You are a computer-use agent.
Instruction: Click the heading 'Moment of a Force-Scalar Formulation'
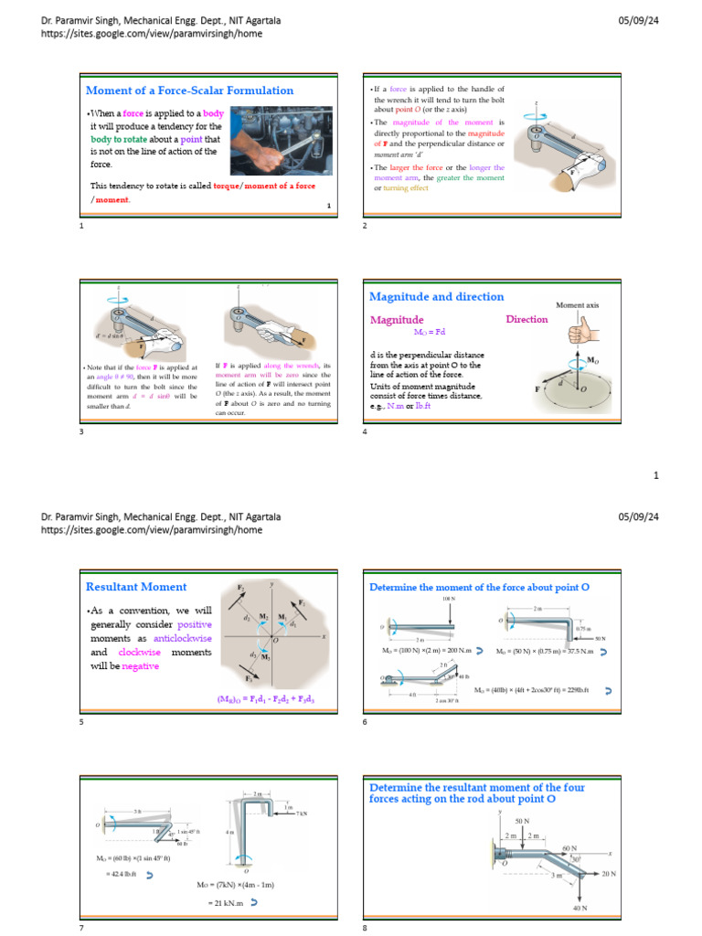click(189, 90)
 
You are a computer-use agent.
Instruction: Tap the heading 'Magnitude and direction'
click(436, 297)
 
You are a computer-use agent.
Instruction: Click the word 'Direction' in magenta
click(526, 320)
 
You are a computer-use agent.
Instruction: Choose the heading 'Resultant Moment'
click(136, 587)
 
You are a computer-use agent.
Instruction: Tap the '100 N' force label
click(448, 600)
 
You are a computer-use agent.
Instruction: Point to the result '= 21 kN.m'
click(226, 902)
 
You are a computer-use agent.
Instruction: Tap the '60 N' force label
click(569, 849)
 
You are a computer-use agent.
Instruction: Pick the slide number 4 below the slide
click(365, 431)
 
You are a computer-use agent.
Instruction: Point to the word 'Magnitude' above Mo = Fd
click(397, 320)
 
